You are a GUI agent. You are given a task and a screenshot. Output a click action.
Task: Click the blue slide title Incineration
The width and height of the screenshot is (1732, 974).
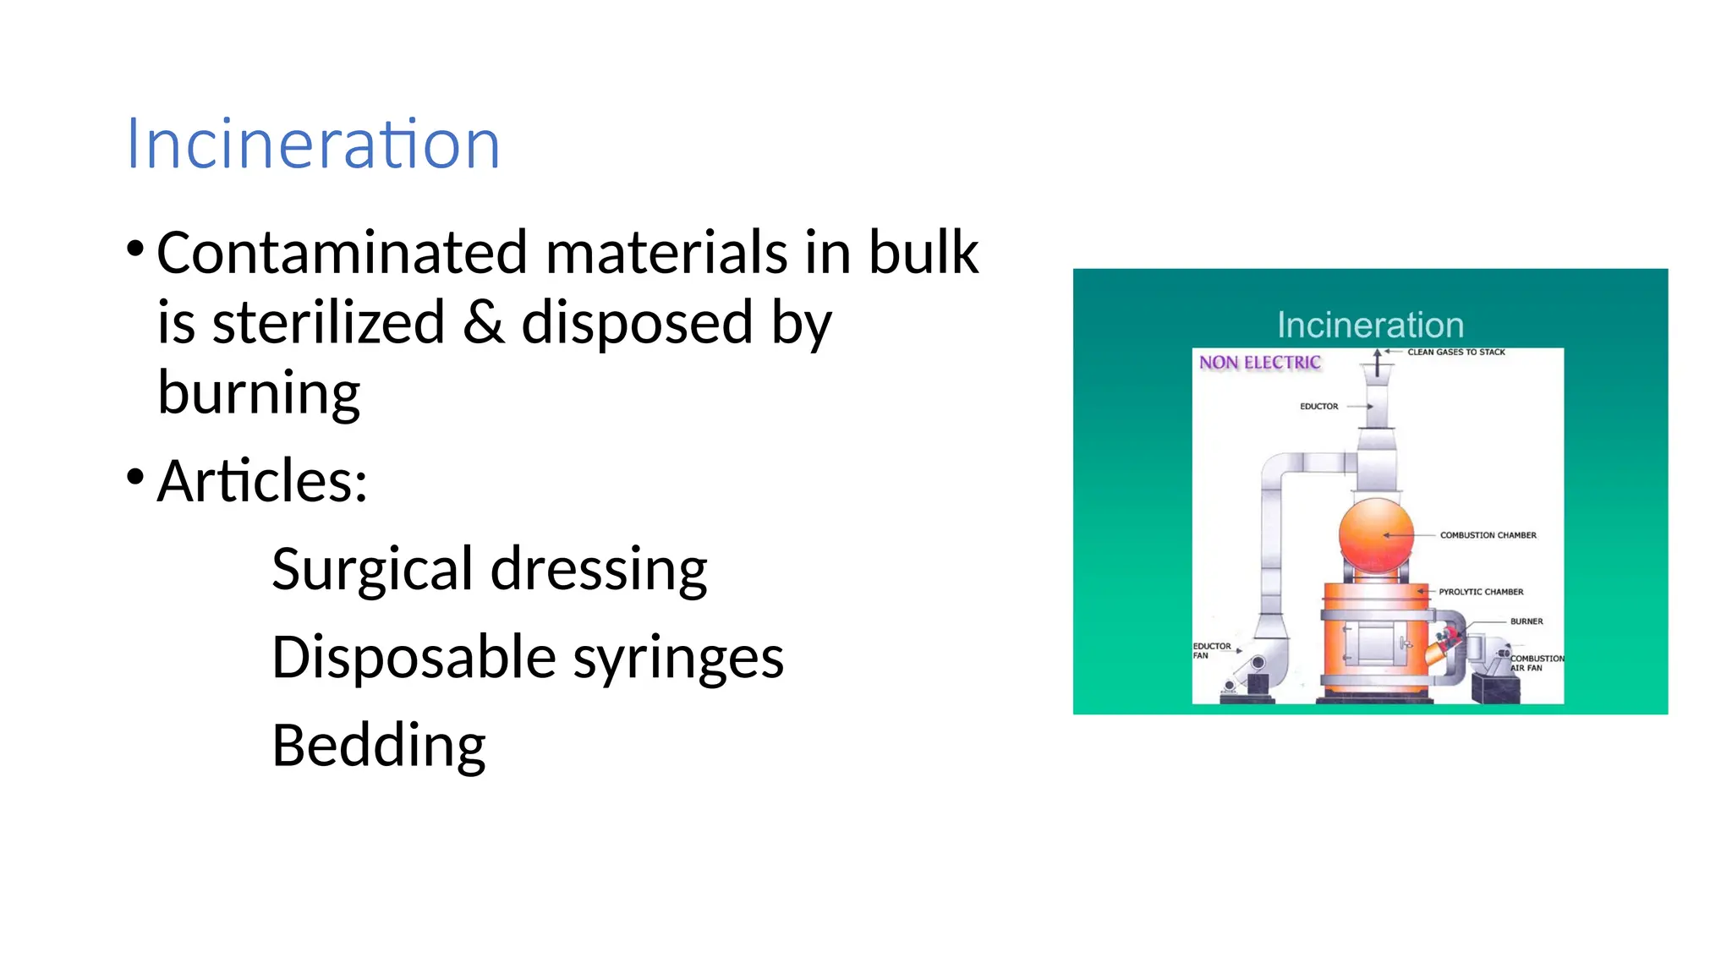(313, 145)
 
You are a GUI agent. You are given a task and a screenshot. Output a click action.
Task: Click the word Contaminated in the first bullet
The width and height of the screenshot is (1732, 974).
(342, 253)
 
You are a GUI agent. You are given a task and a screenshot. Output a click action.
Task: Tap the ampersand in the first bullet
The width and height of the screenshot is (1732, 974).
(484, 322)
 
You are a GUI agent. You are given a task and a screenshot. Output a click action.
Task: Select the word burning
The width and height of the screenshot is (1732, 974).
(259, 393)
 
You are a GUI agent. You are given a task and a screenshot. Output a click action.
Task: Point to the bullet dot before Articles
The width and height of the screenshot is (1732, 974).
(135, 477)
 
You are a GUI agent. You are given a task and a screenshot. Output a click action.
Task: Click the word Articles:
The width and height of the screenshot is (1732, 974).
(262, 481)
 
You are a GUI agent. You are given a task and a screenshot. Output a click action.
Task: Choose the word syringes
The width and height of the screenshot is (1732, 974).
(678, 658)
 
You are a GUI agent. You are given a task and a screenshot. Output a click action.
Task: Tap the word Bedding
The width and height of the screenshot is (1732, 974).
(378, 746)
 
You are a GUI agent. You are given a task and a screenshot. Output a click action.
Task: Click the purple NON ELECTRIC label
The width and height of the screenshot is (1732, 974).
(1259, 363)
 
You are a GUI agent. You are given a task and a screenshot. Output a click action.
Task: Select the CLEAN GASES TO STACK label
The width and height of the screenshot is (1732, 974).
(1455, 352)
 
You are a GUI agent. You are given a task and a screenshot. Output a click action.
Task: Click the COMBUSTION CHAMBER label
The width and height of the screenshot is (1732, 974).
(1488, 535)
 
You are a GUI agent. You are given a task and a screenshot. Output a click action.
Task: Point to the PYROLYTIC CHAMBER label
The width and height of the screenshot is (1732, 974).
(1481, 592)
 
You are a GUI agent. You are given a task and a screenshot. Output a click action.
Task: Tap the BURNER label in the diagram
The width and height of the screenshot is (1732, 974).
(1526, 621)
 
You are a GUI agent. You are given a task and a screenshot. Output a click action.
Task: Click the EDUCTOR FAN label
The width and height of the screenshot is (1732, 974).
(1211, 650)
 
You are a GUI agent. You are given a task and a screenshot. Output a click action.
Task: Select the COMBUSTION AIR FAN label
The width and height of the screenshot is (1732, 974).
(1536, 663)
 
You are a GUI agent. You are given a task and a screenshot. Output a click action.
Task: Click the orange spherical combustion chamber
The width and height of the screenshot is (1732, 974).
(1375, 535)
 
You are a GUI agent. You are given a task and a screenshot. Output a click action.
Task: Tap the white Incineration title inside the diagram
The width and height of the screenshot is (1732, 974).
(1370, 326)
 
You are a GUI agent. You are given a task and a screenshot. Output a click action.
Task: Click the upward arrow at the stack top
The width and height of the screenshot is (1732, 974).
(1377, 362)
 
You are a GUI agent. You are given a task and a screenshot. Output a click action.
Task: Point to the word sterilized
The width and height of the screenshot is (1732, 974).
(328, 322)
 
